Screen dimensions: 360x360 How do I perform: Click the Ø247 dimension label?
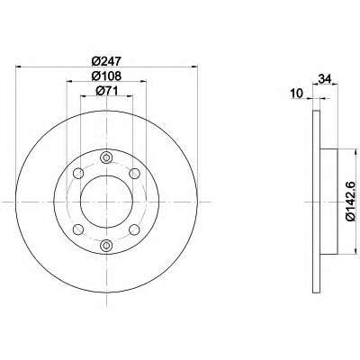coord(106,61)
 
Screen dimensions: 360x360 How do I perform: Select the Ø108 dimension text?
coord(106,76)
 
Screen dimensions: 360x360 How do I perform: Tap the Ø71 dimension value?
coord(106,91)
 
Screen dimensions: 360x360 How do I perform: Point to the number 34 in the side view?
coord(325,79)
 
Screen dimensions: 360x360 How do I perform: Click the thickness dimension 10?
coord(297,94)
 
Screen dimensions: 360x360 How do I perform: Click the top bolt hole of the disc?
coord(106,157)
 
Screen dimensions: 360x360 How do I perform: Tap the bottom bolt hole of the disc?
coord(106,245)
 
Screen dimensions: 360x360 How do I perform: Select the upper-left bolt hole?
coord(78,173)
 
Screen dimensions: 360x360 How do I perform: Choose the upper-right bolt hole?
coord(134,173)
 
